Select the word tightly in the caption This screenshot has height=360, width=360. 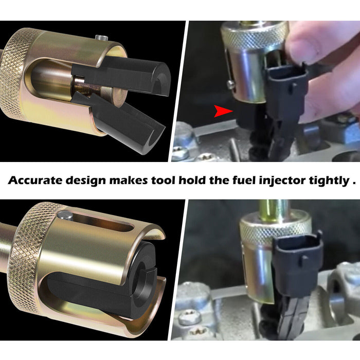[x=329, y=181]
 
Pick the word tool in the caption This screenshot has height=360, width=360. [x=163, y=180]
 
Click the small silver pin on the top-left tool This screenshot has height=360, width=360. [x=101, y=38]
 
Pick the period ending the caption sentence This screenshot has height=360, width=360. [x=354, y=184]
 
